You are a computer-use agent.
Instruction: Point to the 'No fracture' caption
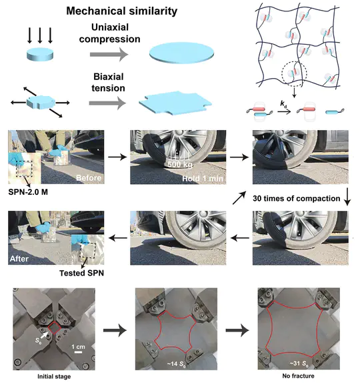(x=290, y=375)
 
